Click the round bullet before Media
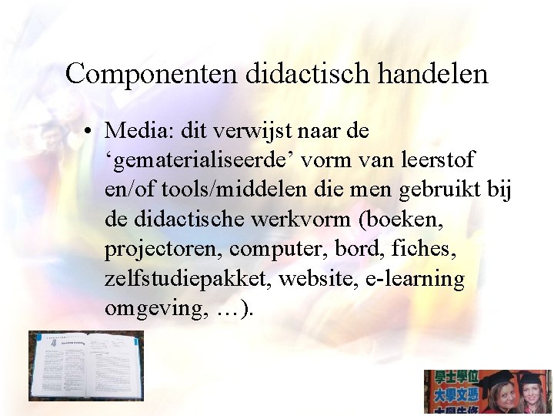point(91,132)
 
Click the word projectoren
point(163,250)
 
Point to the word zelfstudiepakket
point(188,279)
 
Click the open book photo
point(85,366)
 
